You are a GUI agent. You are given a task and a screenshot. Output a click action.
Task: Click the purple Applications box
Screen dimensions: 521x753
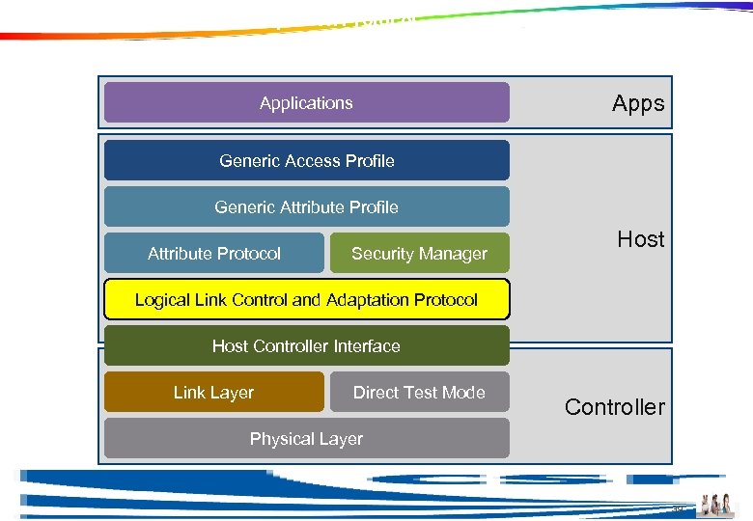(306, 102)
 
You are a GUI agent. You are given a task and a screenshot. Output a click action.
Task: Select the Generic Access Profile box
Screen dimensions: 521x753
(306, 160)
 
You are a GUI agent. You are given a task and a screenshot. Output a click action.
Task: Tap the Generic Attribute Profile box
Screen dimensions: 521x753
(306, 206)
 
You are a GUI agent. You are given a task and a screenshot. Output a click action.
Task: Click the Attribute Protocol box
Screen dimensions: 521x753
(213, 253)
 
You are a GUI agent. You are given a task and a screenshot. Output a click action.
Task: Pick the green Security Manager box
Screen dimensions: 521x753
(419, 253)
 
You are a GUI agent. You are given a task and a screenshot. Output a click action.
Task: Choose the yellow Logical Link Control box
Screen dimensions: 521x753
(306, 299)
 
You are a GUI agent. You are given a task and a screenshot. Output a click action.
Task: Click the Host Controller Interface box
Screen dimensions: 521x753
(306, 345)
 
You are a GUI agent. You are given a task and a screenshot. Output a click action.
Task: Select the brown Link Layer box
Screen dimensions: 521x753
(213, 392)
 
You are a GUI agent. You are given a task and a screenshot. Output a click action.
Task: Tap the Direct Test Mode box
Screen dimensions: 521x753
(419, 392)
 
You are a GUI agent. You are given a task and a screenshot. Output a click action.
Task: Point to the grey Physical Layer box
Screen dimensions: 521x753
(306, 438)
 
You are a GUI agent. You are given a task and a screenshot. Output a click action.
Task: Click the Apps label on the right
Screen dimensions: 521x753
(638, 103)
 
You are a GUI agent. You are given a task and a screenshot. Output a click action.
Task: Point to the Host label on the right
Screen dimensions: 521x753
(641, 239)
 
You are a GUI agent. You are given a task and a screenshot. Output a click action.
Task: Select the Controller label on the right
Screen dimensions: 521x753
(615, 406)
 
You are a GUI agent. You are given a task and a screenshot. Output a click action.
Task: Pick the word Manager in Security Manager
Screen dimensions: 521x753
(455, 253)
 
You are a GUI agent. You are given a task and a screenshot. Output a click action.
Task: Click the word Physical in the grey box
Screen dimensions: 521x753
(279, 438)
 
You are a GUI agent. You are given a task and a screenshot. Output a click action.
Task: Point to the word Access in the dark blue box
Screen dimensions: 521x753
(313, 160)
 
